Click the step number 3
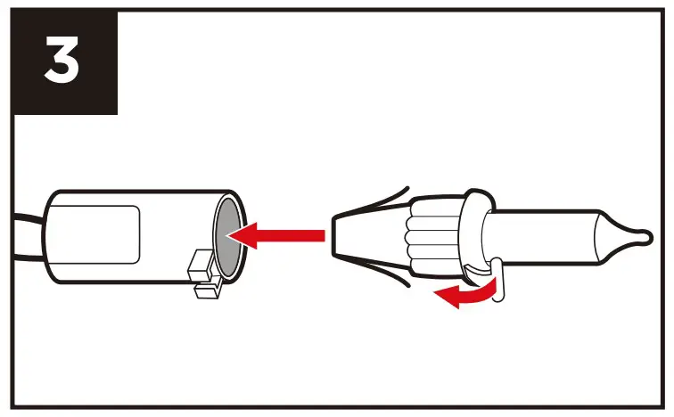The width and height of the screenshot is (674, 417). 62,61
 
